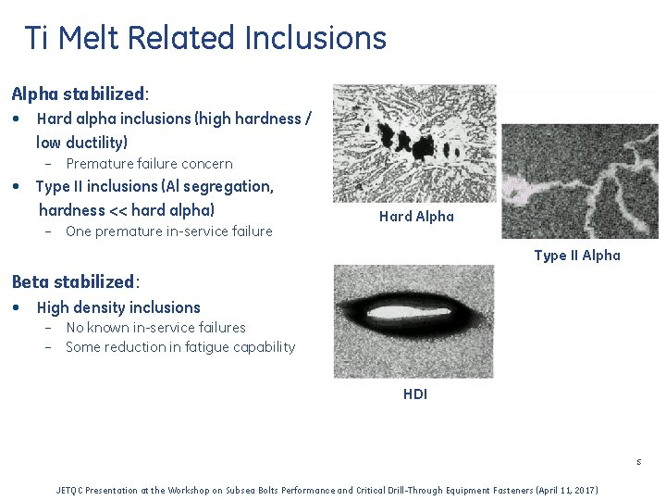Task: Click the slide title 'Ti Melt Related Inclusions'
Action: pos(204,39)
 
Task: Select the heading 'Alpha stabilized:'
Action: pos(80,94)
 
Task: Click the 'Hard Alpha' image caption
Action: pos(416,217)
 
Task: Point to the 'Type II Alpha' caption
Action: pos(577,256)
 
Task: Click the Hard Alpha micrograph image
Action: pos(413,144)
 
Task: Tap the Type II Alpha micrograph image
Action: pos(580,181)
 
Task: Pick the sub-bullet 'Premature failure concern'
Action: pos(149,164)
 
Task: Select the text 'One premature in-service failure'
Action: pos(168,231)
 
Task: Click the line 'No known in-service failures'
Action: pos(155,328)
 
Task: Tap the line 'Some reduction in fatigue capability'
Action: pos(180,347)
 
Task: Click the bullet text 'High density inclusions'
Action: pos(118,307)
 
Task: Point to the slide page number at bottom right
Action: pos(638,462)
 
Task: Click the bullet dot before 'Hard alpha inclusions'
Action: pos(17,119)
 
